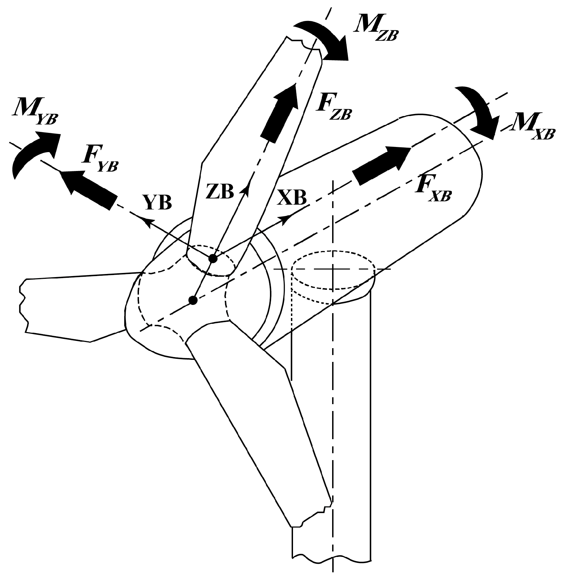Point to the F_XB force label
coord(433,189)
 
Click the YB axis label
coord(157,203)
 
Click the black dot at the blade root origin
coord(213,259)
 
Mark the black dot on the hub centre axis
coord(193,301)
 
